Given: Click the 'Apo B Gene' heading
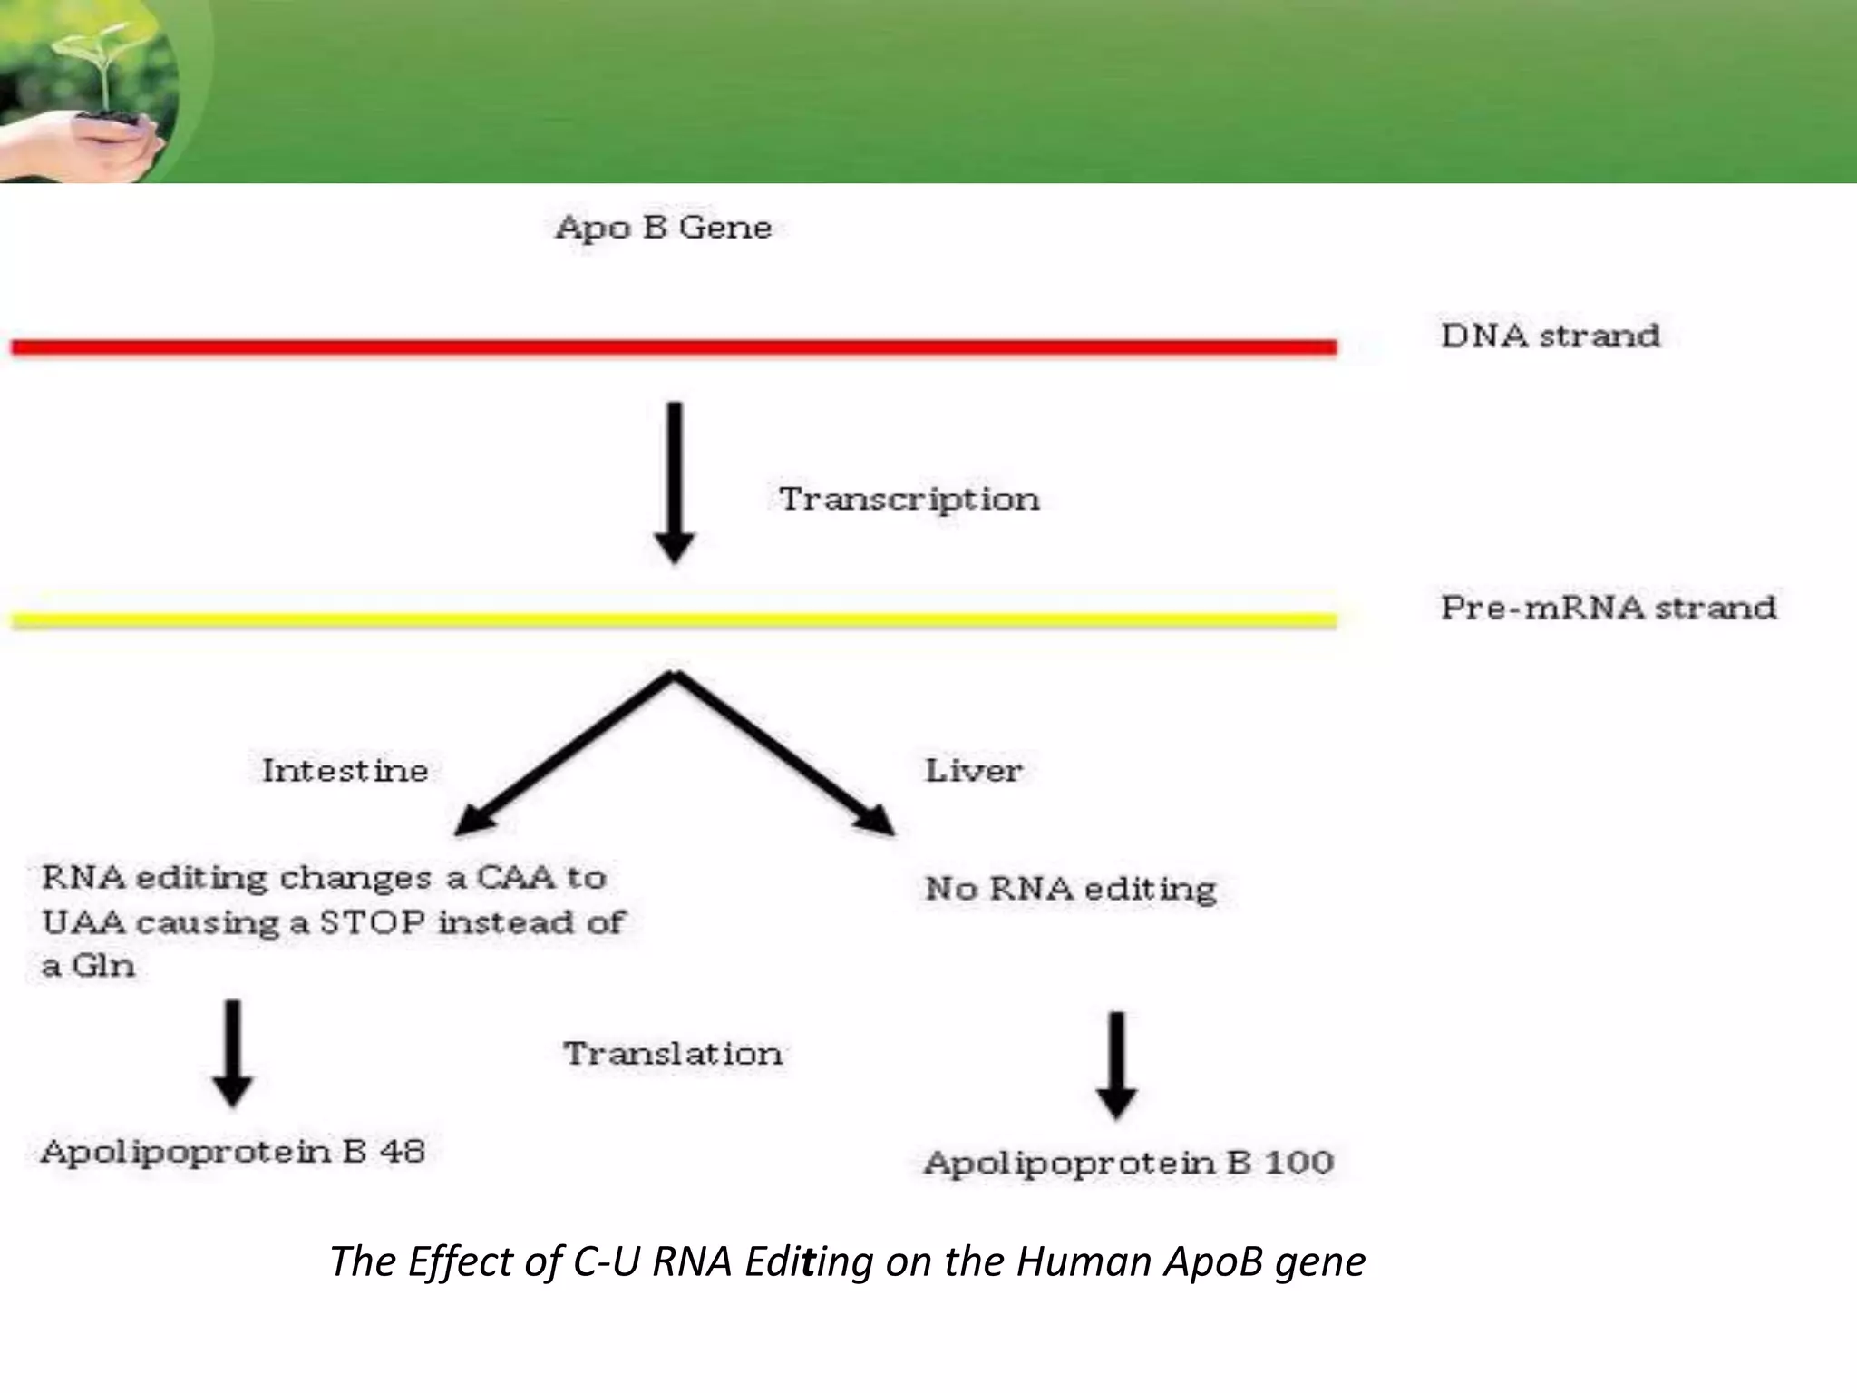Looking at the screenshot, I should click(663, 227).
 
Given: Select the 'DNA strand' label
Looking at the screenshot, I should click(1551, 336).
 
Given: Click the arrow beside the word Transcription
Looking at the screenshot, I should click(675, 481).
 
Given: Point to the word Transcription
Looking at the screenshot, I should click(909, 499).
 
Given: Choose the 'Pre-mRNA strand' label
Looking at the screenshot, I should click(1609, 607).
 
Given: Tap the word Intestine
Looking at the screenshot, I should click(345, 771).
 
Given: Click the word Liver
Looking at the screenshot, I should click(973, 771).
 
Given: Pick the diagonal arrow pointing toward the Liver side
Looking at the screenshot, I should click(784, 753).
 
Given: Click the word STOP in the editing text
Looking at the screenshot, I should click(373, 922).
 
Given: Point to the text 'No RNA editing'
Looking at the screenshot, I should click(1070, 888).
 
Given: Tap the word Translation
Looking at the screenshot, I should click(673, 1054).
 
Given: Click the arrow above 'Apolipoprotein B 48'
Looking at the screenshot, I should click(233, 1052).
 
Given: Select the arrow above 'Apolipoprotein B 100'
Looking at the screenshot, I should click(1116, 1064).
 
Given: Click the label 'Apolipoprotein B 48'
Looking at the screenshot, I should click(233, 1152).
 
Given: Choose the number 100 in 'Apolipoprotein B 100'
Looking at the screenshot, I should click(1298, 1163).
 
